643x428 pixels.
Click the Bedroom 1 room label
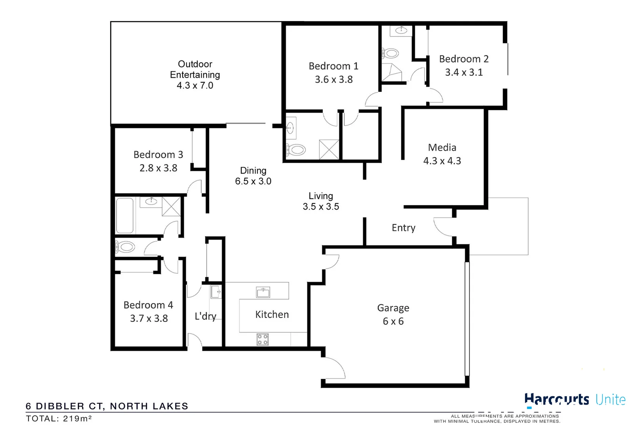tap(333, 66)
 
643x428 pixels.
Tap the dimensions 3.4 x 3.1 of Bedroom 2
tap(464, 73)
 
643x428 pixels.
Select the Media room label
tap(442, 147)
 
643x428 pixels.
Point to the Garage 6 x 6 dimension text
tap(393, 321)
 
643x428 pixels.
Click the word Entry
tap(403, 228)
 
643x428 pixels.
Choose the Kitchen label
tap(272, 315)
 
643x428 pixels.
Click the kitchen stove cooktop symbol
tap(263, 340)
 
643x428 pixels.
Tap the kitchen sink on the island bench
tap(263, 292)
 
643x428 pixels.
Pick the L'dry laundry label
tap(205, 316)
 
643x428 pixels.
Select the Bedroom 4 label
tap(148, 305)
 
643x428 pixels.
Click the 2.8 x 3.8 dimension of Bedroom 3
tap(158, 168)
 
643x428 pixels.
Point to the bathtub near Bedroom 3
tap(125, 216)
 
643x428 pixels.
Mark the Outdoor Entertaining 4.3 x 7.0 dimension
tap(195, 86)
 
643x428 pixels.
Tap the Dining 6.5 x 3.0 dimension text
tap(253, 182)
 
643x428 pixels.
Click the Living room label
tap(321, 196)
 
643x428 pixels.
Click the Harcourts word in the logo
tap(556, 399)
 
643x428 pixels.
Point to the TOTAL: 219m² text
tap(59, 418)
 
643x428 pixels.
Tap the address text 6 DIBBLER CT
tap(65, 406)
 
